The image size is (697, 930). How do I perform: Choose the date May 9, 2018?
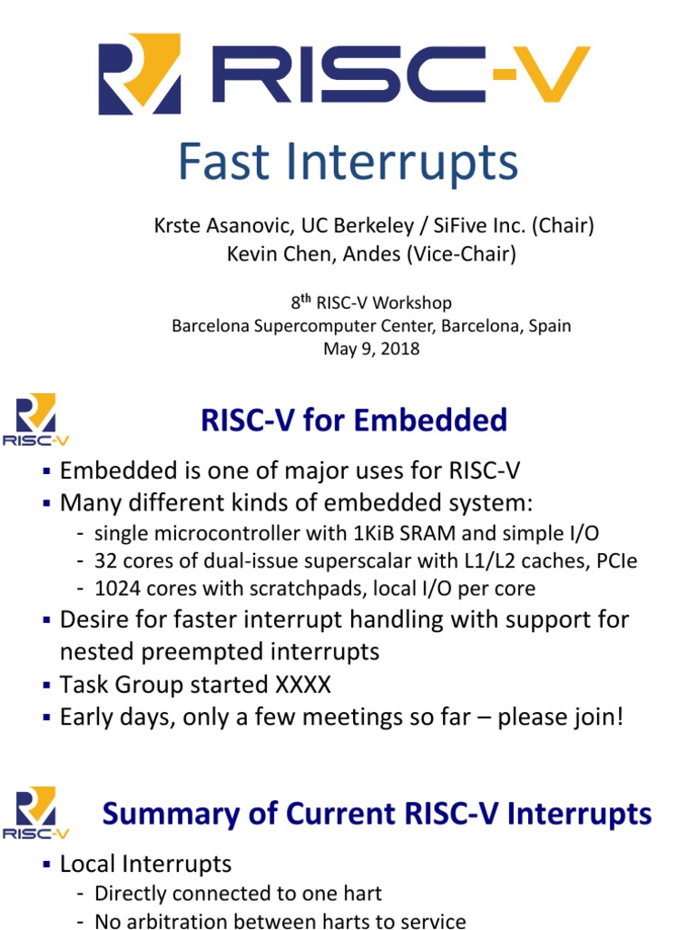[371, 349]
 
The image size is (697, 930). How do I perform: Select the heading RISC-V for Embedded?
[353, 420]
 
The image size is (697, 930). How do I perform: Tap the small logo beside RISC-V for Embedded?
[36, 420]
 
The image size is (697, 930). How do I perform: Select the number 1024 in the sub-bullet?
[115, 588]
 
